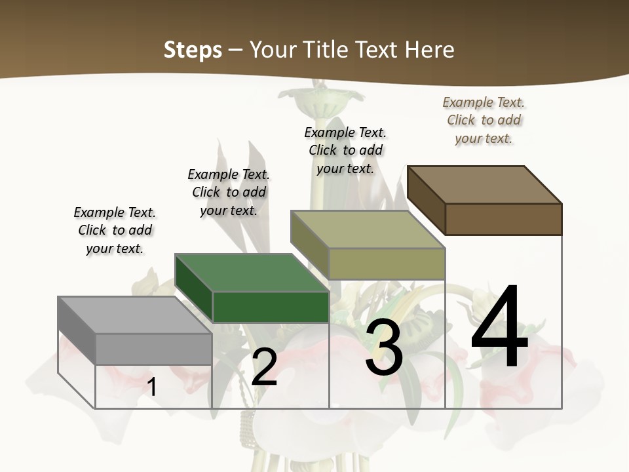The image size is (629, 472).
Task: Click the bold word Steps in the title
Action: tap(193, 50)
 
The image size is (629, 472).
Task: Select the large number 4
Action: tap(499, 326)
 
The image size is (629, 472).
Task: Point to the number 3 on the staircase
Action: tap(384, 349)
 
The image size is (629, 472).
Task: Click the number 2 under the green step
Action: tap(264, 367)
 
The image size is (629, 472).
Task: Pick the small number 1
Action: tap(152, 387)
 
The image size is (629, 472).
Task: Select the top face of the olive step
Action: tap(368, 229)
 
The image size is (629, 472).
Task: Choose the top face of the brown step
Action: tap(485, 185)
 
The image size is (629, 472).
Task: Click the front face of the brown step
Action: tap(503, 219)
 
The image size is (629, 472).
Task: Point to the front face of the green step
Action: tap(271, 307)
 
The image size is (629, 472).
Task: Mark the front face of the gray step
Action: tap(154, 349)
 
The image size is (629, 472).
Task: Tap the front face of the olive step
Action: tap(387, 264)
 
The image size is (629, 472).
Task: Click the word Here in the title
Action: tap(430, 50)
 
